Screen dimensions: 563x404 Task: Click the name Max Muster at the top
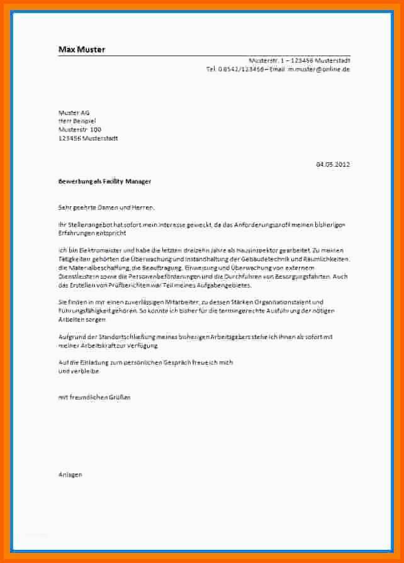click(82, 49)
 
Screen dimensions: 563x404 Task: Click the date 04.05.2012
click(332, 164)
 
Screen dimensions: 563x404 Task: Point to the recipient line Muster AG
click(74, 113)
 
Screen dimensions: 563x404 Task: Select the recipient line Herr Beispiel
click(77, 121)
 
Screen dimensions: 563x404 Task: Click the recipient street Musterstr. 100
click(79, 130)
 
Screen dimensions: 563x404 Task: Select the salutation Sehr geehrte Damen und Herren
click(106, 207)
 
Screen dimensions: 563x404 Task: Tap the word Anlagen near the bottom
click(70, 474)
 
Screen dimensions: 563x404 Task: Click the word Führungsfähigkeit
click(86, 311)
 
